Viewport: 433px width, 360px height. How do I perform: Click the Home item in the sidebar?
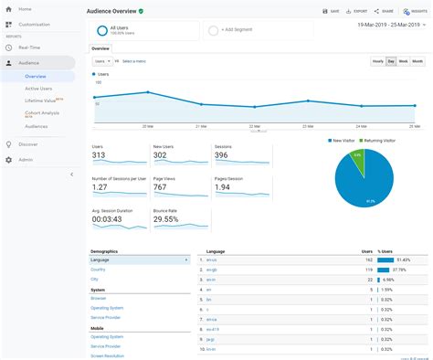[25, 9]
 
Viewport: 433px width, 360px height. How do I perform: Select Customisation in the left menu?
[34, 24]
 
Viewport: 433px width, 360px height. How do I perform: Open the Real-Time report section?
[28, 46]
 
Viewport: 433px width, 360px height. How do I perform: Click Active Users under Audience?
[38, 89]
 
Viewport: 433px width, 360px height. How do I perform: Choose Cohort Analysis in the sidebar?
[40, 112]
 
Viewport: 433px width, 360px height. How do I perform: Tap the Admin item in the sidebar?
[26, 159]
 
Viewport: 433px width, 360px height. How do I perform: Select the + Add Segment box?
[239, 30]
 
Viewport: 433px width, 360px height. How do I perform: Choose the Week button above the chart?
[403, 60]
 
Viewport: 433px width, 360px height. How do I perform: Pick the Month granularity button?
[417, 60]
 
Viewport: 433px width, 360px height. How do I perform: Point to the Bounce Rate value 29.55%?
[165, 219]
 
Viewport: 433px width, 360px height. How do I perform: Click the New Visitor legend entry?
[343, 141]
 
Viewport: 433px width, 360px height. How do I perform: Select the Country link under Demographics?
[99, 270]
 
